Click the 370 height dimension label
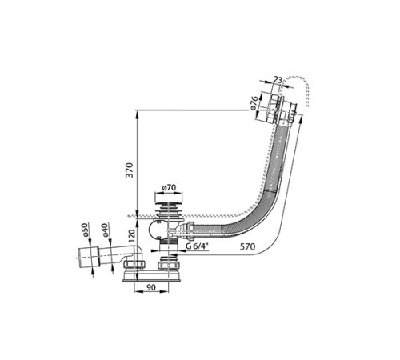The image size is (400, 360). click(130, 170)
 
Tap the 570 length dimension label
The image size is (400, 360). click(247, 246)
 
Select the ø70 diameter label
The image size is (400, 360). click(169, 188)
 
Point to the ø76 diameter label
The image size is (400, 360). click(254, 102)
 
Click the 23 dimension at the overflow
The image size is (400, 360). click(278, 79)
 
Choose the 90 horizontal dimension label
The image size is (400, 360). click(151, 287)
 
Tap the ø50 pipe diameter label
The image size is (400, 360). click(85, 230)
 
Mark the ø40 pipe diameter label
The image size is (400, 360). click(105, 230)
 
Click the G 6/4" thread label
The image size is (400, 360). click(197, 246)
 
